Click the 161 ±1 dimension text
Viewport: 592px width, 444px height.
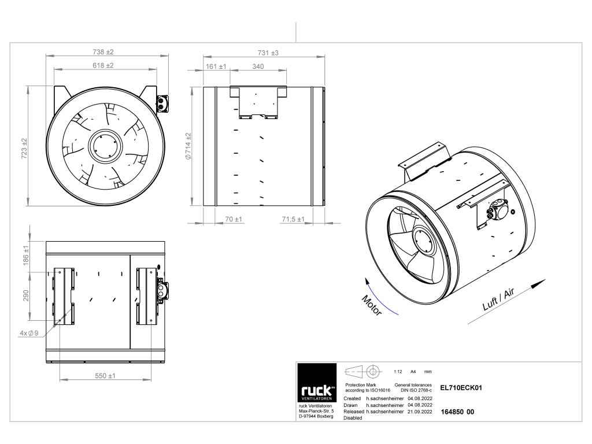coord(216,66)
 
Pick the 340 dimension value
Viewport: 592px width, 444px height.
coord(258,66)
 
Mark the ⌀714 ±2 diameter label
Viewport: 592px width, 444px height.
coord(188,149)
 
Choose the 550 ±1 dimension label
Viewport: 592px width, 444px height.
coord(105,376)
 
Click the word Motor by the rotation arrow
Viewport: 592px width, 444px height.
coord(372,305)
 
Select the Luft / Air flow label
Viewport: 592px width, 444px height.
coord(498,302)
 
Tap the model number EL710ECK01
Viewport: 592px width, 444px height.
coord(461,388)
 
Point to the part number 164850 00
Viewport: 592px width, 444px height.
coord(457,412)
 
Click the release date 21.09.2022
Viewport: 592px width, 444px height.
coord(420,412)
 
